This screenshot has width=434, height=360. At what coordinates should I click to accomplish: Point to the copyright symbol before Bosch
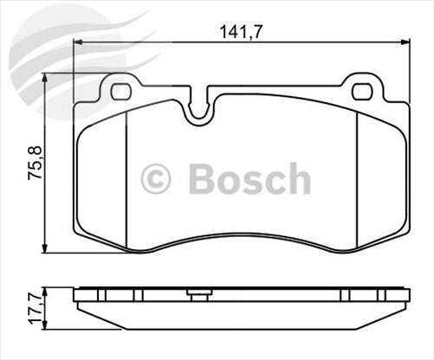(x=156, y=179)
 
